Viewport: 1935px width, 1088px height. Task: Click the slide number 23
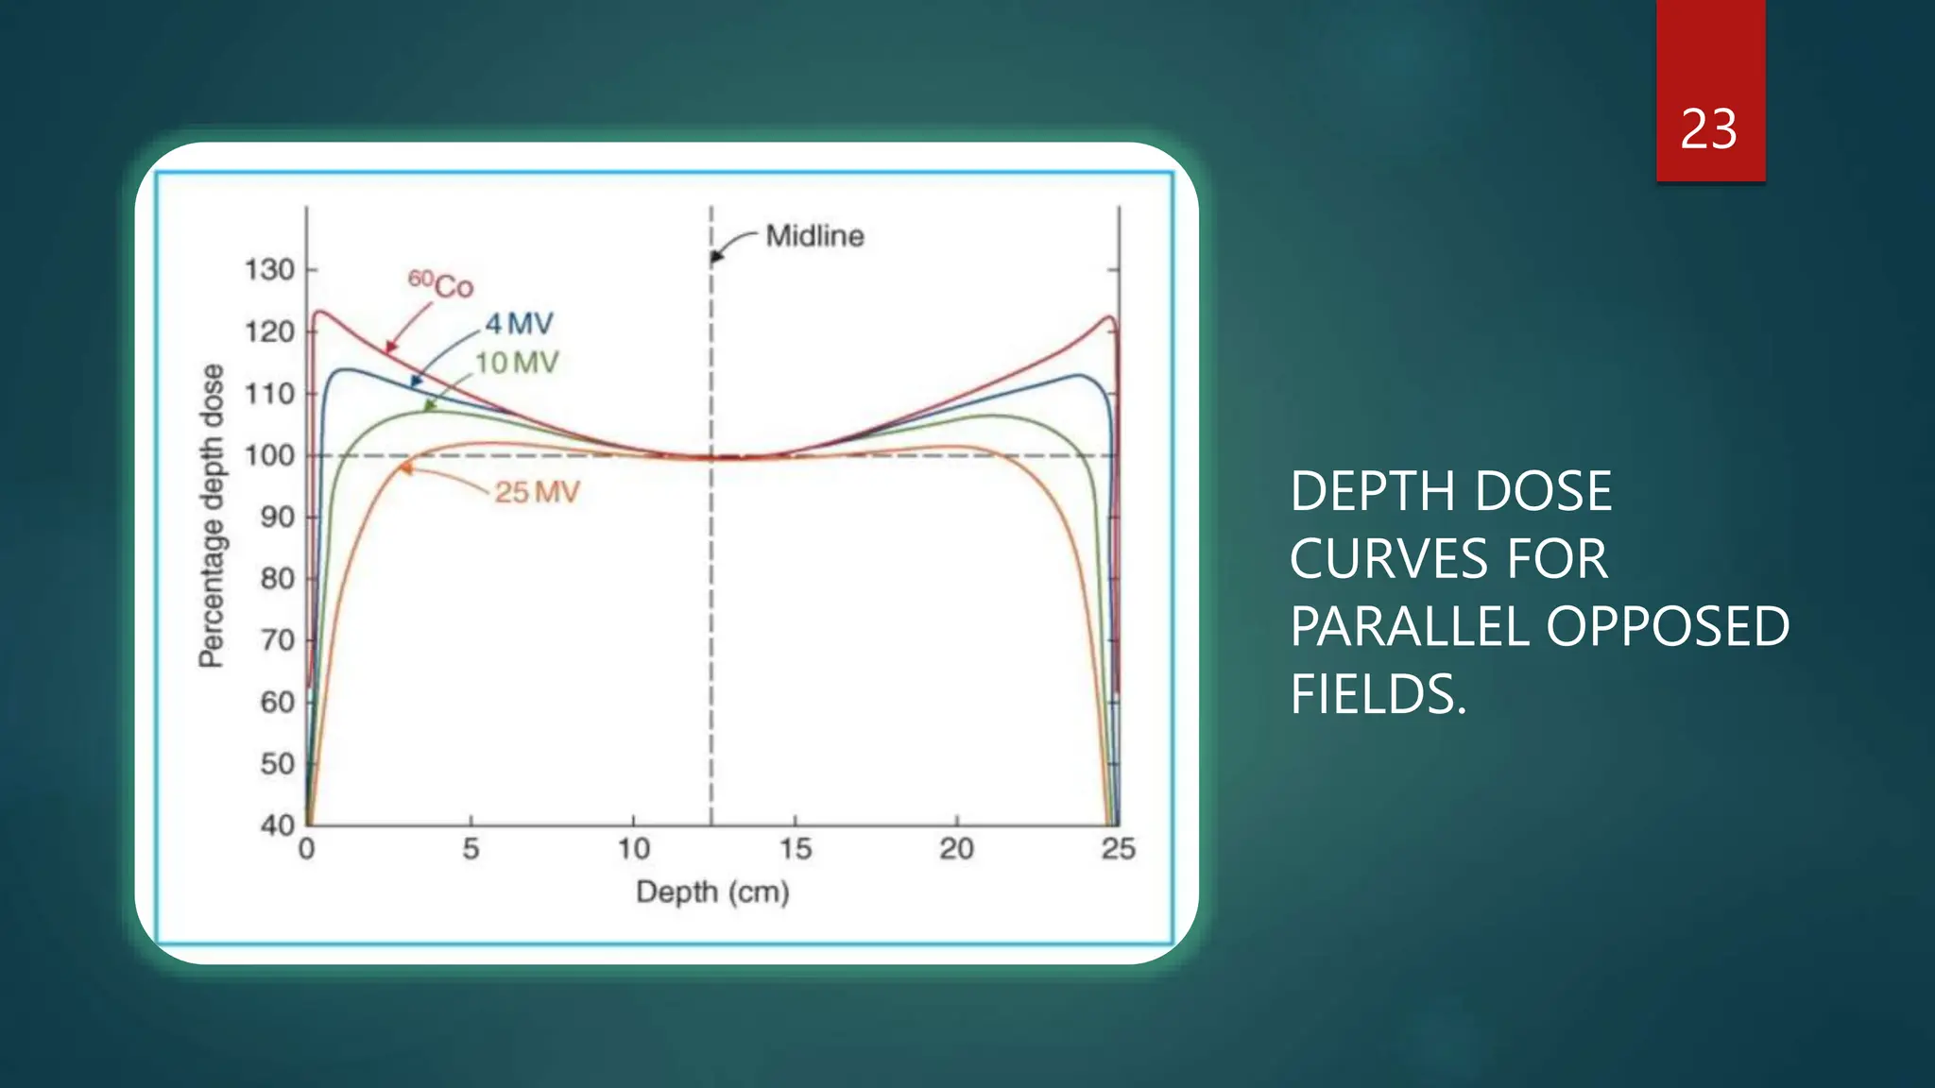click(x=1708, y=129)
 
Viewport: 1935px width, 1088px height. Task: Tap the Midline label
click(x=814, y=236)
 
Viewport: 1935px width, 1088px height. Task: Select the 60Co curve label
click(x=440, y=283)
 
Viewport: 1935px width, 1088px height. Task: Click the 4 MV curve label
click(x=519, y=324)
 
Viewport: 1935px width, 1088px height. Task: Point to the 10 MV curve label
click(x=517, y=363)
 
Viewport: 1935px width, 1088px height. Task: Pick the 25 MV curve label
click(x=537, y=492)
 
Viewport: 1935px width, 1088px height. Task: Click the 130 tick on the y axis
click(x=269, y=270)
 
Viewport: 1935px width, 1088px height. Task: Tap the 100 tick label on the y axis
click(x=269, y=455)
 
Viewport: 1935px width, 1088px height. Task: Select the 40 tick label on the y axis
click(x=277, y=824)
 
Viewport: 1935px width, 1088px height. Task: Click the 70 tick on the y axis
click(x=277, y=640)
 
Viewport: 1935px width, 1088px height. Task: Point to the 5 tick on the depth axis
click(x=471, y=848)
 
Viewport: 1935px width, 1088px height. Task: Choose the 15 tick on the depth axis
click(x=795, y=848)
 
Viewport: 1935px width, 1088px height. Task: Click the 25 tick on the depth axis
click(x=1118, y=848)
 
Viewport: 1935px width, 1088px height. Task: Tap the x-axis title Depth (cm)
click(x=712, y=892)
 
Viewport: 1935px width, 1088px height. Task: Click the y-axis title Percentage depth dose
click(x=212, y=516)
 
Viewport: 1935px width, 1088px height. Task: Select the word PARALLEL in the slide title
click(x=1409, y=626)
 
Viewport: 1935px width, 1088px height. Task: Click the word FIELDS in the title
click(x=1378, y=694)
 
